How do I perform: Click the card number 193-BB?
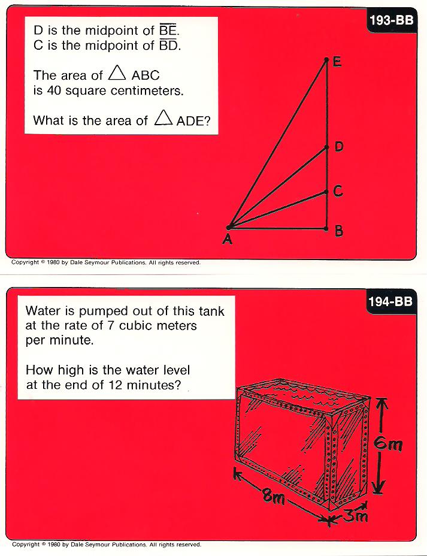[392, 20]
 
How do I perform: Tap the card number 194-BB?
[390, 301]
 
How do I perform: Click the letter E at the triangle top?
[337, 62]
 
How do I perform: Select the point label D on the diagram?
[339, 146]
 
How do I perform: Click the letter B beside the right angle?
[339, 231]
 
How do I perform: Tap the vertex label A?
[227, 239]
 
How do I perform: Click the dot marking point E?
[326, 60]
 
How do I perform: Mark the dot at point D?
[327, 147]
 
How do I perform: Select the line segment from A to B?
[277, 228]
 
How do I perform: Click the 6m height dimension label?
[389, 444]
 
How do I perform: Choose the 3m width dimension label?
[356, 515]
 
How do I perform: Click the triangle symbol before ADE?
[163, 117]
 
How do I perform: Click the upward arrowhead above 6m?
[381, 403]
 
